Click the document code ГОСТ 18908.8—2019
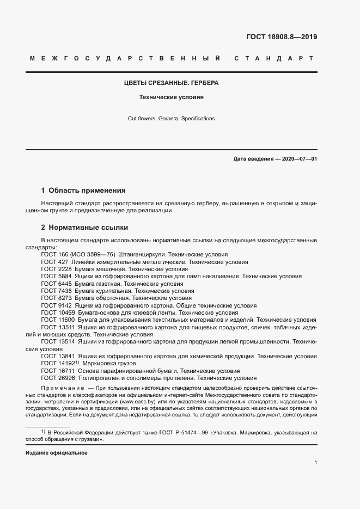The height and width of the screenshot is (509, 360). tap(278, 38)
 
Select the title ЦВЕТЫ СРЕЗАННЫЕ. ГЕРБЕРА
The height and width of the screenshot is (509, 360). tap(172, 83)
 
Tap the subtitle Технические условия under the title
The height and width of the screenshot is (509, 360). tap(172, 98)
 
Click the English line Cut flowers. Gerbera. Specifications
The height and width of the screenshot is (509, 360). tap(172, 118)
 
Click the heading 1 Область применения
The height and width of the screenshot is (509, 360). tap(83, 191)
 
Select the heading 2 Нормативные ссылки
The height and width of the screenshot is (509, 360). tap(84, 227)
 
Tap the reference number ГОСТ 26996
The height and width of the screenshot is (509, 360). tap(59, 378)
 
